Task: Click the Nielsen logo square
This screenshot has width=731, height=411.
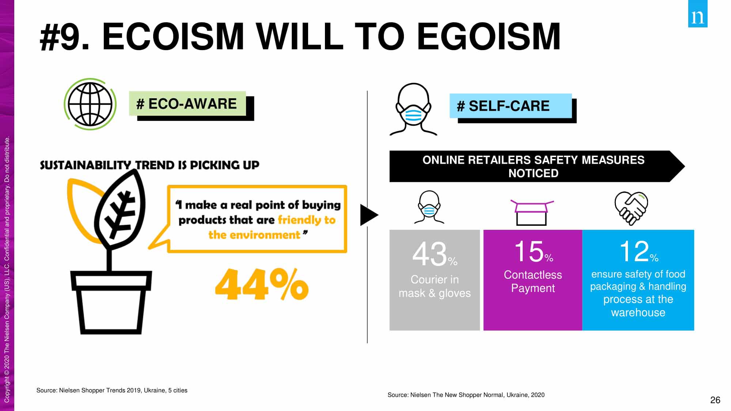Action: point(698,14)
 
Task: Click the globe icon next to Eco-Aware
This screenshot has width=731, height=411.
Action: point(90,104)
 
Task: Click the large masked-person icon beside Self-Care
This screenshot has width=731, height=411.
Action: point(413,109)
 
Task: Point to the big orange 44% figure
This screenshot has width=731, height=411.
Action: point(262,284)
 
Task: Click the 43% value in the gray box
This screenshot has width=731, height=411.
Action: point(435,254)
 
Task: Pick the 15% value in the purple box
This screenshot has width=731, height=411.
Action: point(533,251)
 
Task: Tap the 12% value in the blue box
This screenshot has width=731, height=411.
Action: point(639,251)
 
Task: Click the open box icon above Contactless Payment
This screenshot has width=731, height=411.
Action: point(532,212)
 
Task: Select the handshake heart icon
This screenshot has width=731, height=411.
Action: point(631,208)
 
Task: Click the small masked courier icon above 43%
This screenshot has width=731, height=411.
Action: point(429,207)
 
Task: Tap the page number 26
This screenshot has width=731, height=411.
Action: point(715,400)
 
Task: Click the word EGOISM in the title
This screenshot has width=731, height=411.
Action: point(489,37)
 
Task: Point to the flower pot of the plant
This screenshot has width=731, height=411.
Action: point(111,302)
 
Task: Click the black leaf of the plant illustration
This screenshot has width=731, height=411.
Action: point(121,210)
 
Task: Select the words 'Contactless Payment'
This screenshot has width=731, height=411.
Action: point(533,281)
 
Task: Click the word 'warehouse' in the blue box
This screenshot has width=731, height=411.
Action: point(638,312)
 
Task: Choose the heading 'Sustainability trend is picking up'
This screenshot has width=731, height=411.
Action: point(149,165)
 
